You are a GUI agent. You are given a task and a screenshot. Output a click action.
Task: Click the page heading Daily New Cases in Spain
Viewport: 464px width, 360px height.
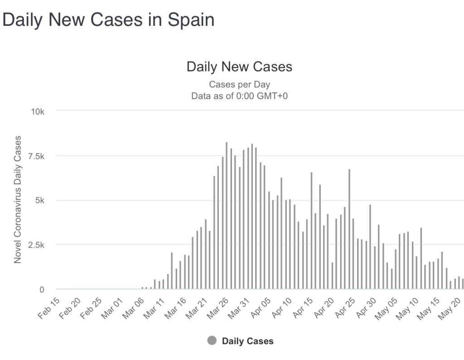coord(108,20)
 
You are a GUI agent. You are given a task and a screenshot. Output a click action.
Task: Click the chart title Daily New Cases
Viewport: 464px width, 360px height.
coord(239,67)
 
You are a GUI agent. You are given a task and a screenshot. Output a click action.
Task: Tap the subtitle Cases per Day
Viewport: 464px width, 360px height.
coord(239,85)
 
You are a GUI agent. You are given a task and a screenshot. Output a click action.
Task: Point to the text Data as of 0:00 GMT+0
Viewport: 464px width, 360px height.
coord(239,96)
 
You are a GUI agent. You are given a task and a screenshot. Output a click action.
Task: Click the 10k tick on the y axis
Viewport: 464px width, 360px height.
coord(37,111)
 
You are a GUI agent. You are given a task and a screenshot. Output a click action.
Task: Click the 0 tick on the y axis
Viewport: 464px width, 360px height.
coord(41,289)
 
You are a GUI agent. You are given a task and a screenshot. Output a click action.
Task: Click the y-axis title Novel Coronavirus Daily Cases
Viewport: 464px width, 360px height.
coord(18,199)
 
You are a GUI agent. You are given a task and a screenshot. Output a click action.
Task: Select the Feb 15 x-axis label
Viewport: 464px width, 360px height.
coord(49,308)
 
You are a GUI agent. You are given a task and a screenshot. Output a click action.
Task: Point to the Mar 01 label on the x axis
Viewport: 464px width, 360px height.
coord(112,308)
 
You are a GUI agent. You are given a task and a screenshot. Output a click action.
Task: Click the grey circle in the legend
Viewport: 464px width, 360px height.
coord(212,341)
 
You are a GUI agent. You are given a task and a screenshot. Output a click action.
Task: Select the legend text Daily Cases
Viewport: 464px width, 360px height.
coord(247,341)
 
